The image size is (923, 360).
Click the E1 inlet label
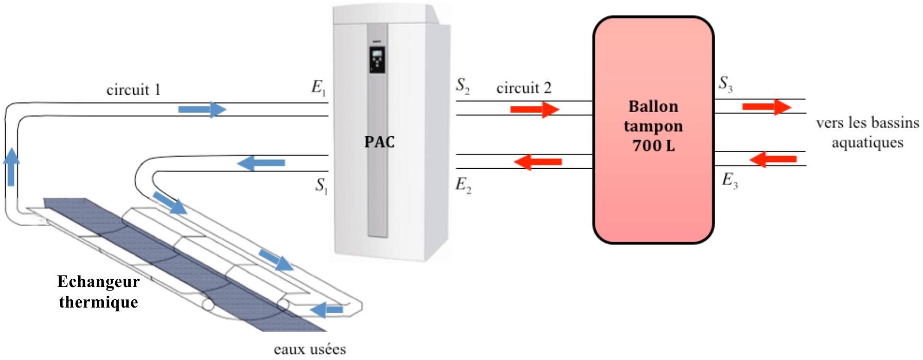point(318,88)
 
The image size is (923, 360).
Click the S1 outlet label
point(322,186)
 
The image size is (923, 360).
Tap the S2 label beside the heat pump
point(463,86)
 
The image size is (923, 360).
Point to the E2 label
point(463,185)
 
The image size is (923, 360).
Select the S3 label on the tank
point(725,83)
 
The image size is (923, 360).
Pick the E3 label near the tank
point(730,181)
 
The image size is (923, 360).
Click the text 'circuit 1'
point(133,90)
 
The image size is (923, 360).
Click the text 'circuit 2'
point(523,88)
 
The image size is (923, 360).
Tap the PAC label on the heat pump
point(379,141)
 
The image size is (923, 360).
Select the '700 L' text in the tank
point(653,146)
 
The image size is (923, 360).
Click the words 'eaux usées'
point(310,350)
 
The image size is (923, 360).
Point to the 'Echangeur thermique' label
point(98,292)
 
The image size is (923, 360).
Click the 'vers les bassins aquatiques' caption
point(867,133)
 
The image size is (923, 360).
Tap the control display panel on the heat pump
point(377,60)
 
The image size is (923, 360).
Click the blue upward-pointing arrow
point(11,166)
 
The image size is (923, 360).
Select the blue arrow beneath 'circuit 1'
point(202,110)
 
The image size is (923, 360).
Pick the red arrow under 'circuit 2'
point(534,110)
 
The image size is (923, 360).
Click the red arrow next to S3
point(766,107)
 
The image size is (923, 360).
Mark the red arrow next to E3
point(773,159)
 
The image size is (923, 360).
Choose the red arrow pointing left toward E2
point(538,162)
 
